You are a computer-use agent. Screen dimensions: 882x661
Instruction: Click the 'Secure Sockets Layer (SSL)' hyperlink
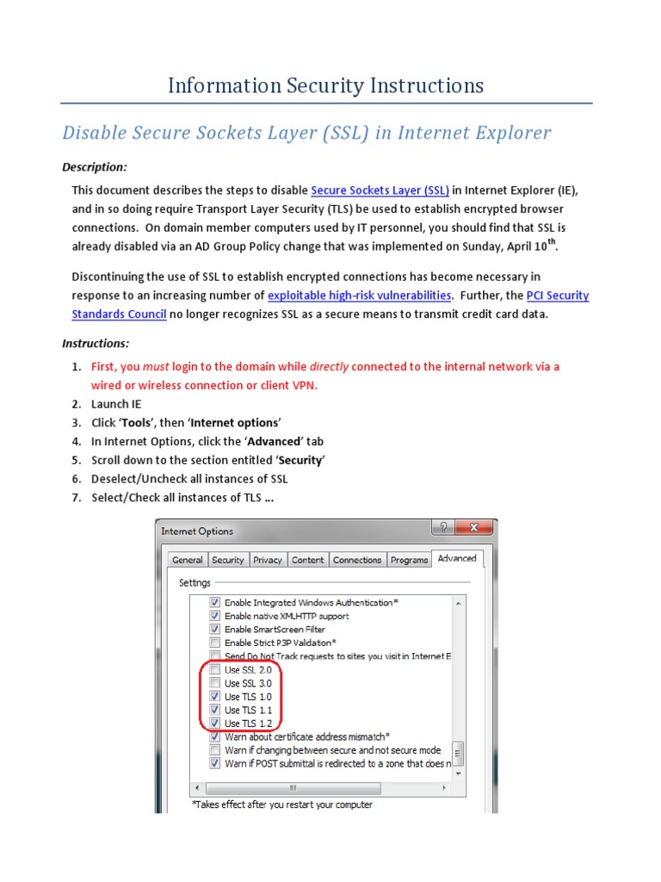[380, 190]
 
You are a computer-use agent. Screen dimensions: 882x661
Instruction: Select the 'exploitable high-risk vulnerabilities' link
[360, 295]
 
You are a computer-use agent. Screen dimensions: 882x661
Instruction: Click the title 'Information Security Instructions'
[325, 85]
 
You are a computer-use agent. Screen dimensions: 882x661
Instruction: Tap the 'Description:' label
[95, 167]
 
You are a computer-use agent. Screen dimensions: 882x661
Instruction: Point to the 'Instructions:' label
[96, 343]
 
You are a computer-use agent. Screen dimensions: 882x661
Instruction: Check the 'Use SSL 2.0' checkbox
[215, 669]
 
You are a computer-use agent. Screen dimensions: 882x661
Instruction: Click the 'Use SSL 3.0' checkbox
[215, 683]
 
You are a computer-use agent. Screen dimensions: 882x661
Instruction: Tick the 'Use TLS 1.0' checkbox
[215, 696]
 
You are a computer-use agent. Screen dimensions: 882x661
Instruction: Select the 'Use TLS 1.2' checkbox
[215, 724]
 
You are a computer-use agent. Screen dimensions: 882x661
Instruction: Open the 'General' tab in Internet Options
[188, 560]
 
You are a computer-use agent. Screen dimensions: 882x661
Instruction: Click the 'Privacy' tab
[268, 560]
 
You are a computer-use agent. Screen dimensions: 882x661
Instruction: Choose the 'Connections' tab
[357, 560]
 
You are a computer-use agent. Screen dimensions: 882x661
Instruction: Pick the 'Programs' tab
[409, 560]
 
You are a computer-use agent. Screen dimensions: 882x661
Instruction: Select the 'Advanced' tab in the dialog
[457, 558]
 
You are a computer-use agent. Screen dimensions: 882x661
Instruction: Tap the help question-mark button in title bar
[443, 529]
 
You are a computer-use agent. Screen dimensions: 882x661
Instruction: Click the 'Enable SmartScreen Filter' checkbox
[215, 630]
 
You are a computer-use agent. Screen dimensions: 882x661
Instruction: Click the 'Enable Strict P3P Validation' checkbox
[215, 643]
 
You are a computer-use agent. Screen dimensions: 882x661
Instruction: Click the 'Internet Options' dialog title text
[197, 531]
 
